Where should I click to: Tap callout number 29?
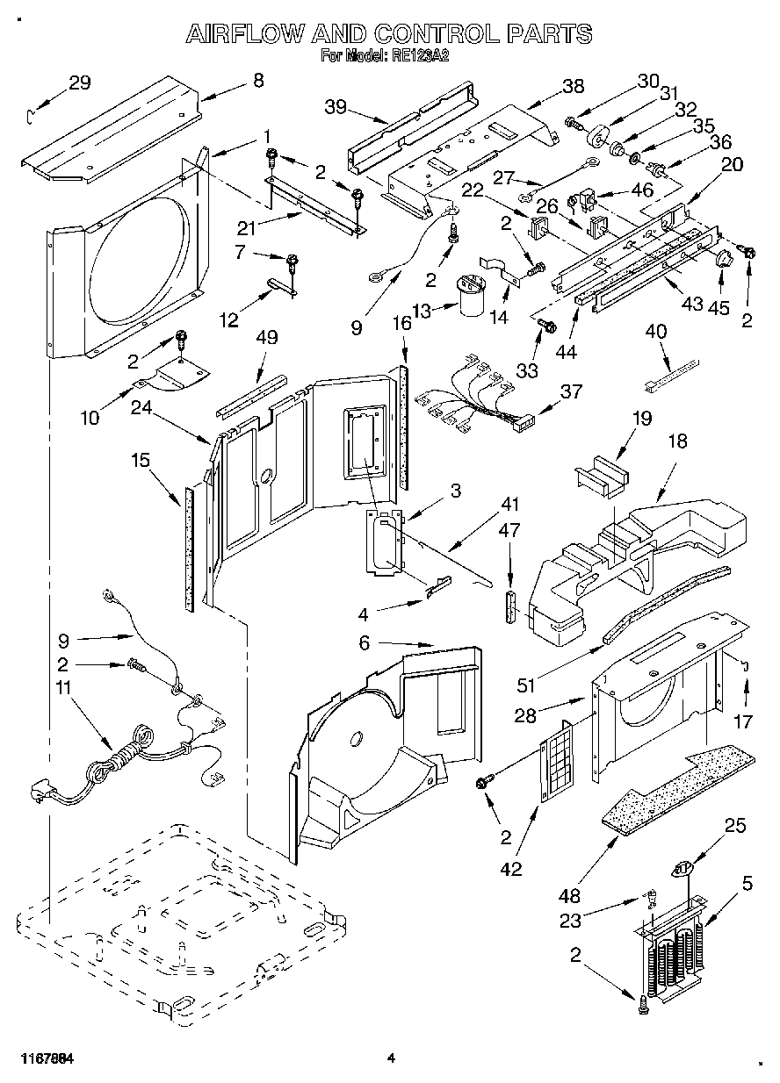[79, 83]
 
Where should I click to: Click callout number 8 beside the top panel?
[257, 80]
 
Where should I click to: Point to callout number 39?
[336, 107]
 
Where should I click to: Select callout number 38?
[573, 86]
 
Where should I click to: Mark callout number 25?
[736, 825]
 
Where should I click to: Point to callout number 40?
[656, 332]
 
